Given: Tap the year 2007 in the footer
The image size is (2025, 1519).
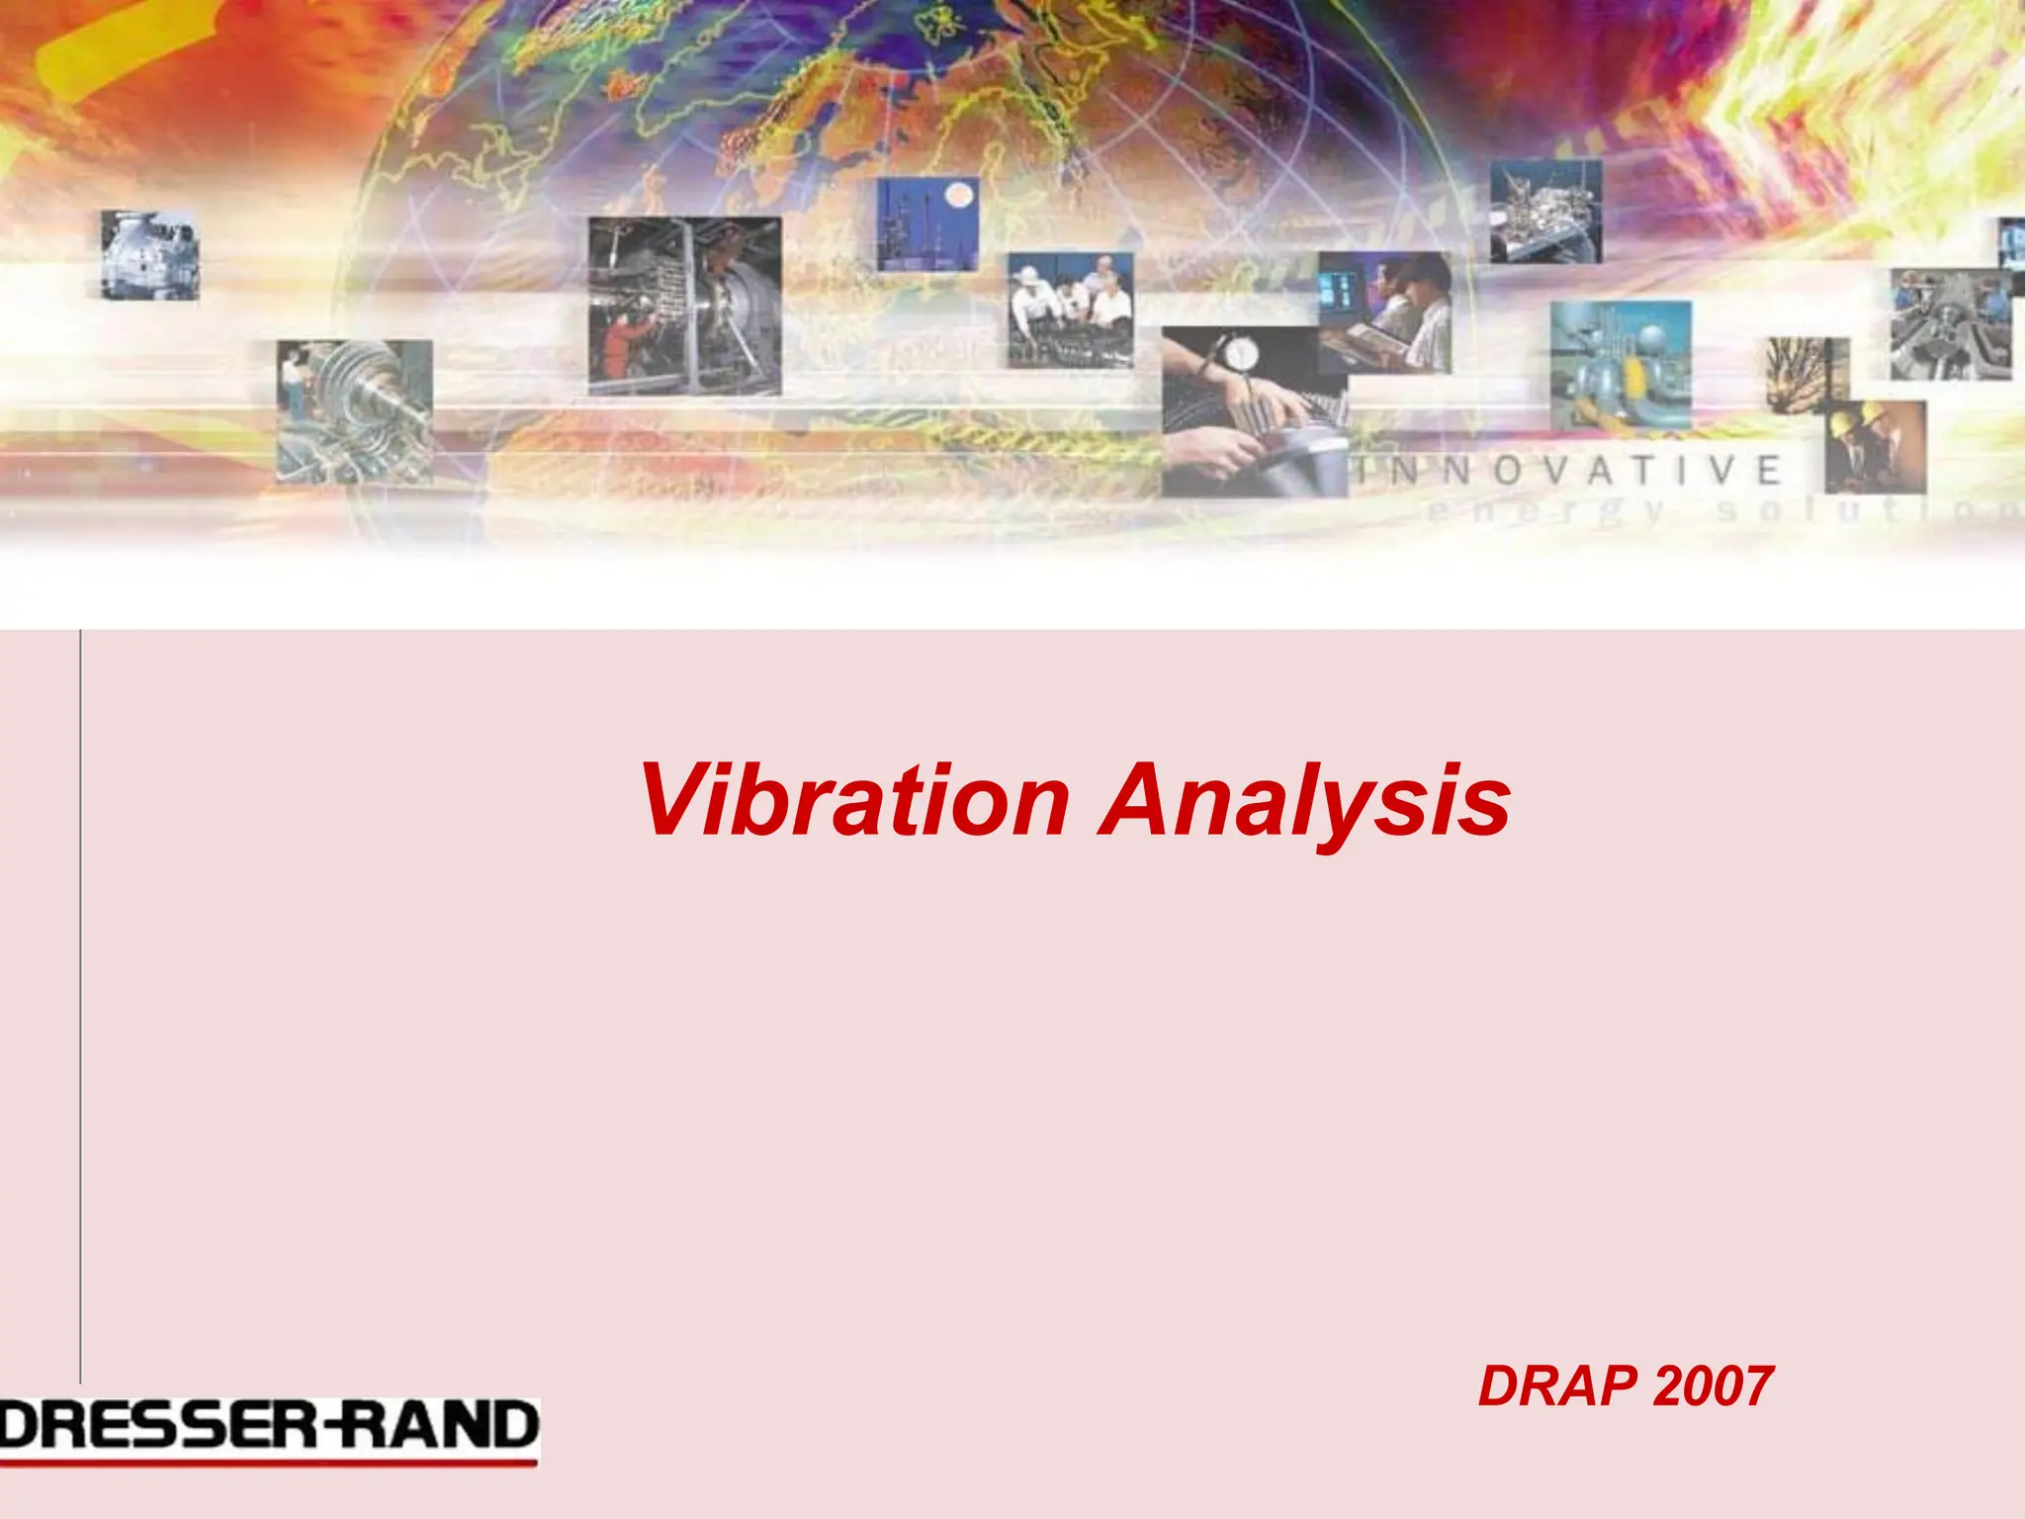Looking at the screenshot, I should (x=1713, y=1386).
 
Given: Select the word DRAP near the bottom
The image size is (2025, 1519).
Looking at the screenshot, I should (x=1558, y=1386).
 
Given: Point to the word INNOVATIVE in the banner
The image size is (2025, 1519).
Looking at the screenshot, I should (x=1567, y=471).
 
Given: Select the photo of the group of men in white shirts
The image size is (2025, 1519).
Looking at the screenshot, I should (x=1070, y=311).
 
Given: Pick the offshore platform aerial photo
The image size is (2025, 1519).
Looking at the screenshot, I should (x=1545, y=213).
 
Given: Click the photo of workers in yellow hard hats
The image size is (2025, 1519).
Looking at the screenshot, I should (x=1875, y=447).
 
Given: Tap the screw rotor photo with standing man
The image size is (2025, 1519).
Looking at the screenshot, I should (x=354, y=411).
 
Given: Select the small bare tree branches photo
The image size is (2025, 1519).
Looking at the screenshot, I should (x=1805, y=375).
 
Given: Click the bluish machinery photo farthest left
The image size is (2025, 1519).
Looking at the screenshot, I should (x=150, y=255).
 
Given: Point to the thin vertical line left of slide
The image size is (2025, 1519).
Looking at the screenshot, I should (x=80, y=989).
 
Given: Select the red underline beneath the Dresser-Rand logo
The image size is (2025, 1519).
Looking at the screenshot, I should (x=269, y=1461).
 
